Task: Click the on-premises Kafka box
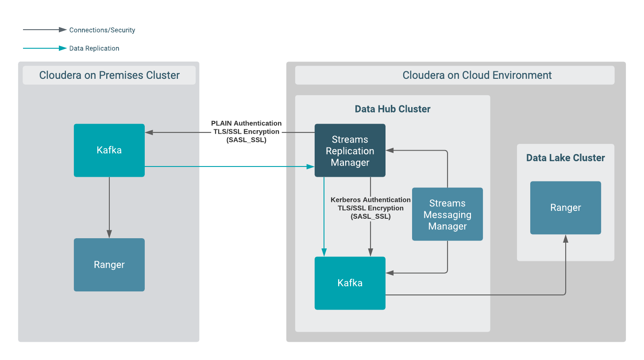click(x=109, y=150)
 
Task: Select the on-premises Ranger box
click(x=109, y=265)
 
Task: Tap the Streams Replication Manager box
click(x=350, y=151)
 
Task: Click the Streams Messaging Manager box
click(x=447, y=214)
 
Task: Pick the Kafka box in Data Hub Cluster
click(x=350, y=283)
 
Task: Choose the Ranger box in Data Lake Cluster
click(x=565, y=208)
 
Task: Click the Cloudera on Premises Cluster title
click(x=109, y=75)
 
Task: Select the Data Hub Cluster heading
click(x=393, y=109)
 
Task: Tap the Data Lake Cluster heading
click(x=565, y=158)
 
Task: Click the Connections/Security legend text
click(x=102, y=30)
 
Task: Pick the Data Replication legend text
click(x=94, y=48)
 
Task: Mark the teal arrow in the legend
click(x=44, y=48)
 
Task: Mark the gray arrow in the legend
click(x=44, y=30)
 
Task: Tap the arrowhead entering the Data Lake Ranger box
click(x=565, y=239)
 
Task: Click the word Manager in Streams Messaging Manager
click(x=447, y=226)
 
